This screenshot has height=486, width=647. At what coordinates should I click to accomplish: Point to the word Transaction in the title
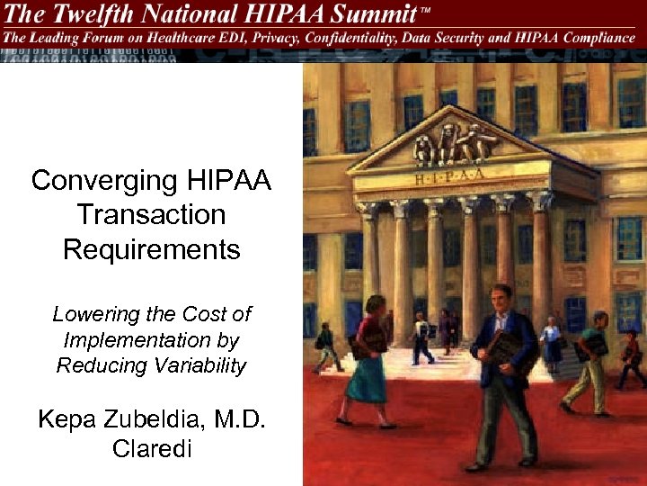click(151, 215)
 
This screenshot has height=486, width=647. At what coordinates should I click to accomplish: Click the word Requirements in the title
click(151, 249)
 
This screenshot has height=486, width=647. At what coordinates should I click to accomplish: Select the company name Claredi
click(152, 448)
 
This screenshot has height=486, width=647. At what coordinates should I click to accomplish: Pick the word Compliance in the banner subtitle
click(598, 38)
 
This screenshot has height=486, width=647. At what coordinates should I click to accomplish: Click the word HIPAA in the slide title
click(227, 181)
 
